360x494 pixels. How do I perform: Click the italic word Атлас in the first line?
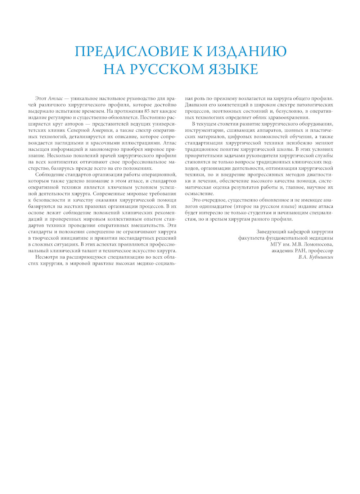click(55, 99)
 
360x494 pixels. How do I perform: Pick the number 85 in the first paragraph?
click(147, 111)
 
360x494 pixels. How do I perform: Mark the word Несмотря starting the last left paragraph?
click(46, 257)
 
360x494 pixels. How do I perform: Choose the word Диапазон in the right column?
click(195, 105)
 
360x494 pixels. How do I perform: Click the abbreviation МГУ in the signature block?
click(276, 244)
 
